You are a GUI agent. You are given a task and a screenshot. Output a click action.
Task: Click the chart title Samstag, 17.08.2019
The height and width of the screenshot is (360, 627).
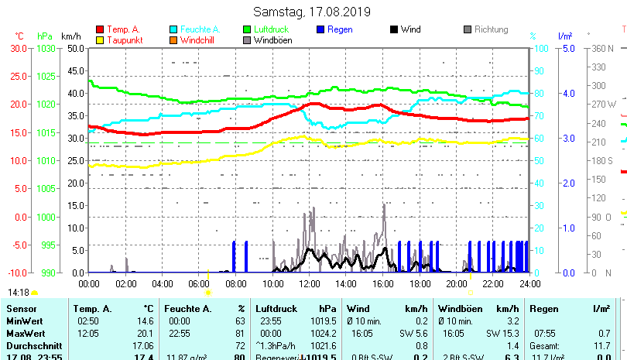(312, 12)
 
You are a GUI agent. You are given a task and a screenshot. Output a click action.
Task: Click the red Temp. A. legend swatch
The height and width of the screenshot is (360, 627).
(99, 29)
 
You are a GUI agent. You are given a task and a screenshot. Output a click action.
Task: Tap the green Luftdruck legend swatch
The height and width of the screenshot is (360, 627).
(247, 29)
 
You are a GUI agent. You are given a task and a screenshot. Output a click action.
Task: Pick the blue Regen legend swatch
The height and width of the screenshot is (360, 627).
(321, 29)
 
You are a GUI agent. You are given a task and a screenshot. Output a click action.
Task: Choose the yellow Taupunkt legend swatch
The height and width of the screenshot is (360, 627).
(99, 39)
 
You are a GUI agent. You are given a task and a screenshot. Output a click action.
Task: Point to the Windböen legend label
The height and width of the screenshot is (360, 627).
(272, 39)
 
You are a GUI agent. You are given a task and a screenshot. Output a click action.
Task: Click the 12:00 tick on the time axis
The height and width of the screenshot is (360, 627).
(309, 283)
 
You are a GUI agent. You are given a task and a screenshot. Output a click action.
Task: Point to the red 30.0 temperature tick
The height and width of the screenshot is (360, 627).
(19, 48)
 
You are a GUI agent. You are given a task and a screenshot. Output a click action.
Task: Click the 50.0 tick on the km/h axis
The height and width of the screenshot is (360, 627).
(75, 48)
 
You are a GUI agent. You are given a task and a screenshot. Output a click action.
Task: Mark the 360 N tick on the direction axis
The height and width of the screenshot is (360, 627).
(603, 48)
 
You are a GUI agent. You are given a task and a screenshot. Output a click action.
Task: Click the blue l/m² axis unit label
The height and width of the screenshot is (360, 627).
(564, 36)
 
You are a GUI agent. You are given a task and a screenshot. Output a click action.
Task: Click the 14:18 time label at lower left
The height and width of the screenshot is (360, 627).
(19, 293)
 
